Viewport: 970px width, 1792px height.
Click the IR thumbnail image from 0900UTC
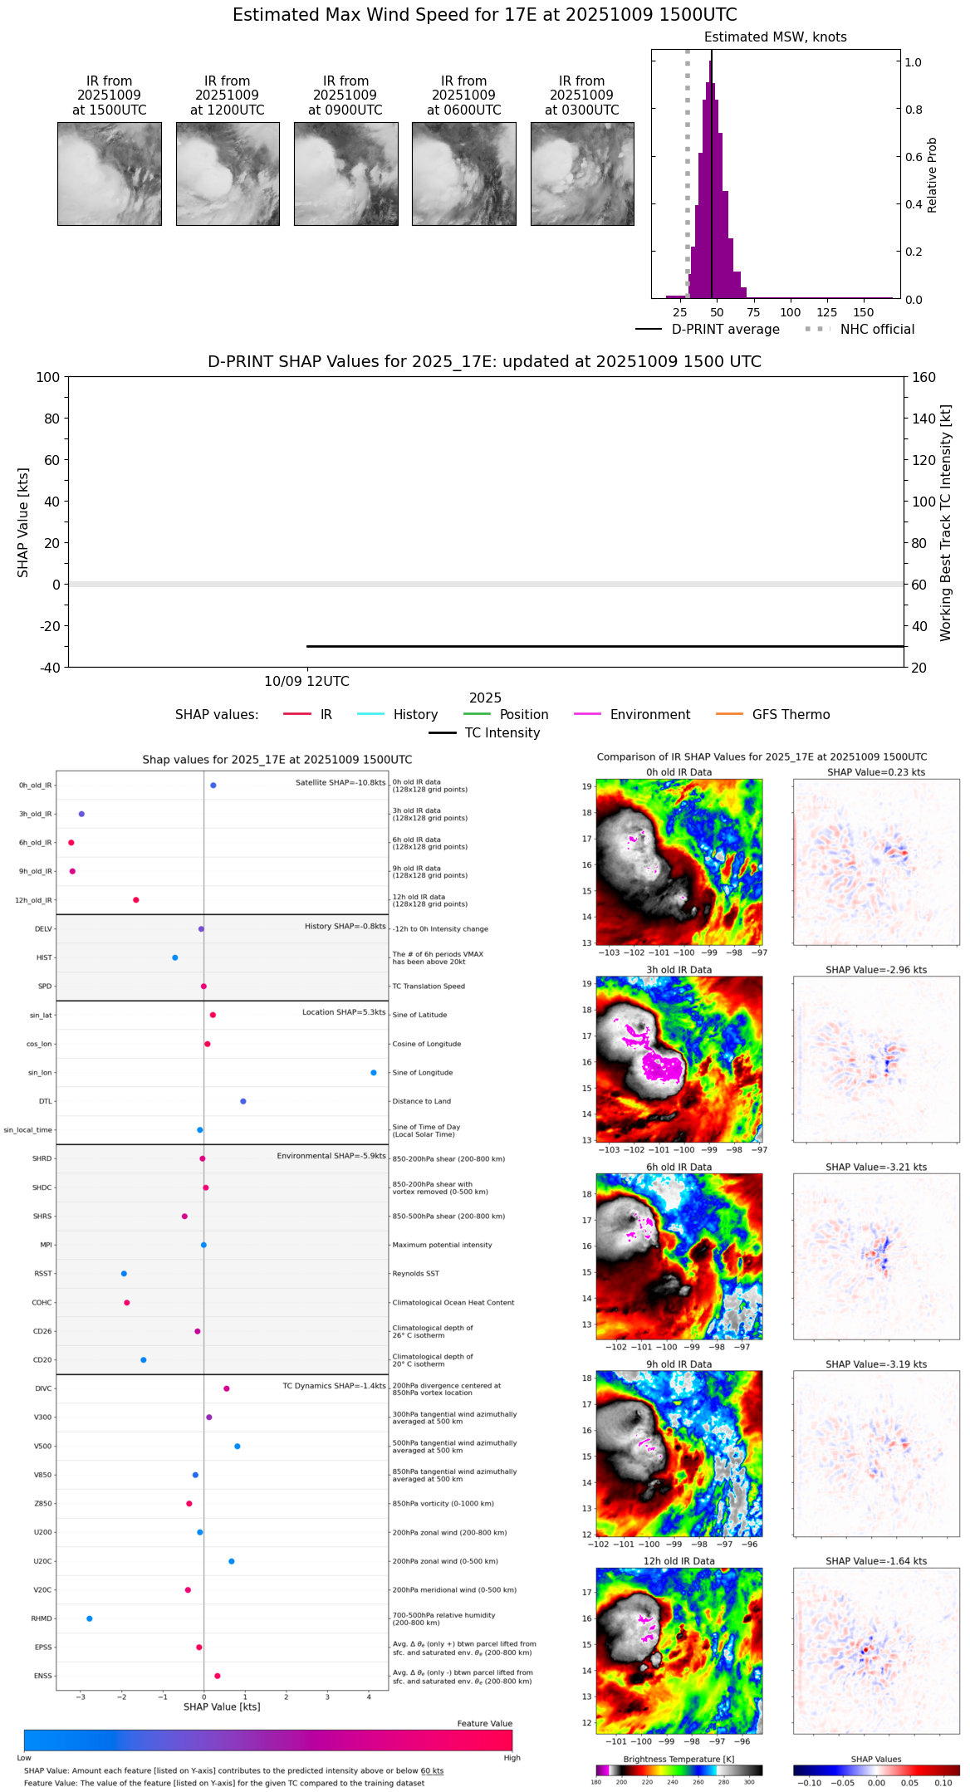tap(345, 174)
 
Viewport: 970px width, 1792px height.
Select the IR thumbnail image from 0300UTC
tap(582, 174)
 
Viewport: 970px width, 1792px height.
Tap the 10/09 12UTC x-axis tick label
tap(306, 682)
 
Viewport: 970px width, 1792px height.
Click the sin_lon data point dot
tap(374, 1073)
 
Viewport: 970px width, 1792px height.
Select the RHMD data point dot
tap(90, 1618)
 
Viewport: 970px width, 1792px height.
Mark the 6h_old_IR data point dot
tap(71, 843)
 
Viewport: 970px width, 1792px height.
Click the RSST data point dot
tap(124, 1274)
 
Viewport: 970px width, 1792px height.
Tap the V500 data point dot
tap(238, 1447)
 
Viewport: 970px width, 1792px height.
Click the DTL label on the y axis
tap(45, 1102)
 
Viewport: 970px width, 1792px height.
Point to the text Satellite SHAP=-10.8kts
tap(340, 783)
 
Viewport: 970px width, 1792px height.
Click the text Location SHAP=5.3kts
tap(344, 1012)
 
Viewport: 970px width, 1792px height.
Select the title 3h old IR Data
tap(679, 970)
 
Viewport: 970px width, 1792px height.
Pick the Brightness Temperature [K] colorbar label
tap(679, 1760)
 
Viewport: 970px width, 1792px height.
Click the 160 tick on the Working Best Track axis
tap(923, 378)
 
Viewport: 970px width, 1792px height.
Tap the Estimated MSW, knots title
tap(775, 37)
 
